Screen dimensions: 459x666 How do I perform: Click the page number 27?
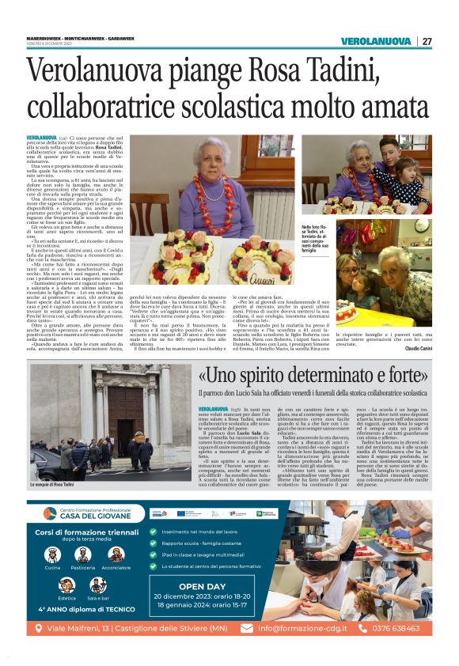(427, 41)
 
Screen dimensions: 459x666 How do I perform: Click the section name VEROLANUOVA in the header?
(376, 41)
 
